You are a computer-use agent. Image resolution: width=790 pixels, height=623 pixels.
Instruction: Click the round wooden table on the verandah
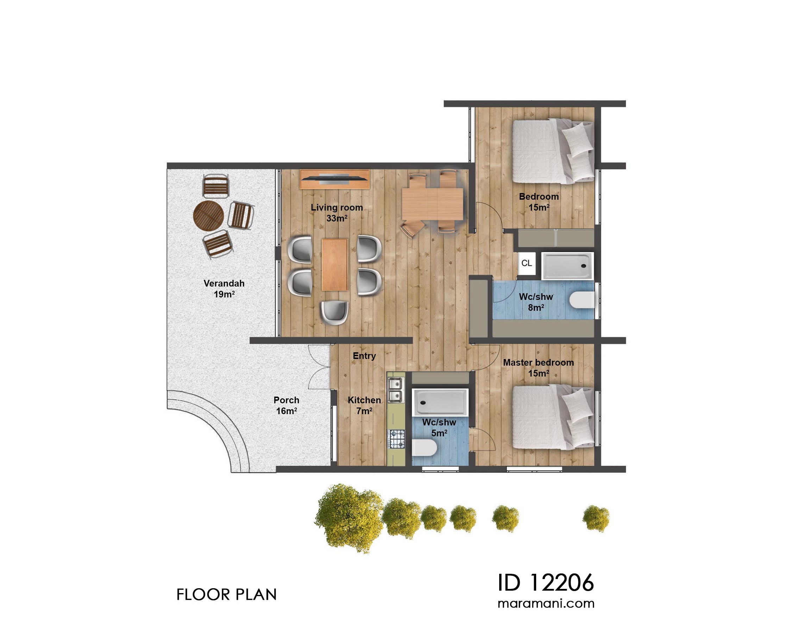pos(208,216)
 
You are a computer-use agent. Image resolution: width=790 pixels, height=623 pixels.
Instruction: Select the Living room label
pos(337,207)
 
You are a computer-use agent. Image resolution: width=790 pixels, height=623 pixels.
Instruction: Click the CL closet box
pos(527,263)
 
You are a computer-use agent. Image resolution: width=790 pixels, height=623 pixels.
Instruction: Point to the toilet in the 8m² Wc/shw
pos(582,300)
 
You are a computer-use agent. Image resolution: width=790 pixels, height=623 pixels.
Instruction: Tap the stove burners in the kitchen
pos(397,439)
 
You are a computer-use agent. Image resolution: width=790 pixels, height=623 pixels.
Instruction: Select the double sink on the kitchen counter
pos(396,390)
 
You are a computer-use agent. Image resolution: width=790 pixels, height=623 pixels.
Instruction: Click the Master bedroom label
pos(538,362)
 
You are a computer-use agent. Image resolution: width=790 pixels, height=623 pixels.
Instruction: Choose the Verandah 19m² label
pos(224,289)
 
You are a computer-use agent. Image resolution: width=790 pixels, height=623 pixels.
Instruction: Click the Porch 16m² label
pos(286,405)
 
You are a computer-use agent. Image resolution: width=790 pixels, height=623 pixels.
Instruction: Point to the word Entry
pos(364,356)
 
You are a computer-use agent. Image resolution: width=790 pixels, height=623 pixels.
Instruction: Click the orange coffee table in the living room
pos(334,264)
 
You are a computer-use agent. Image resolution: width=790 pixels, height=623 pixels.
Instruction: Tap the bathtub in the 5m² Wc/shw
pos(440,402)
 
